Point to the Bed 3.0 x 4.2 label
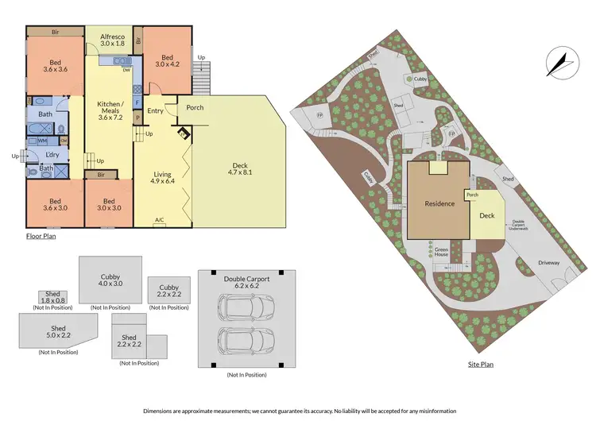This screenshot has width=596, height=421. pyautogui.click(x=167, y=62)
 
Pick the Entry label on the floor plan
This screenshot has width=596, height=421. pyautogui.click(x=155, y=110)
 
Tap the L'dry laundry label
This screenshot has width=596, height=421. pyautogui.click(x=53, y=153)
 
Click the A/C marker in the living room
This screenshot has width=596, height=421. pyautogui.click(x=159, y=220)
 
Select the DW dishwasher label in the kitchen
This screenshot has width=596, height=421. pyautogui.click(x=126, y=69)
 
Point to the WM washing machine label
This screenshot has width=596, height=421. pyautogui.click(x=42, y=141)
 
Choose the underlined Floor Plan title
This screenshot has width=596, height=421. pyautogui.click(x=40, y=235)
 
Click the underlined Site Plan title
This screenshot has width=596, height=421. pyautogui.click(x=481, y=365)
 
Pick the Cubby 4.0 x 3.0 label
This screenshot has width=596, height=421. pyautogui.click(x=110, y=280)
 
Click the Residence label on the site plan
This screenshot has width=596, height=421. pyautogui.click(x=439, y=203)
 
